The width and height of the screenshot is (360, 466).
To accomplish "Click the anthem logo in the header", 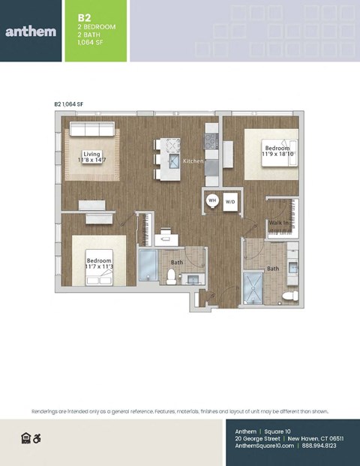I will coord(29,32).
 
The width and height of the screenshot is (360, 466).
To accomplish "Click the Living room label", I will coord(91,154).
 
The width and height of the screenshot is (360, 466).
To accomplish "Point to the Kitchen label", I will coord(193,161).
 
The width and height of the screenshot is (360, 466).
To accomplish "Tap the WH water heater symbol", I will coord(212,201).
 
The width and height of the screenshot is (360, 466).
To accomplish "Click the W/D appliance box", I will coord(230,202).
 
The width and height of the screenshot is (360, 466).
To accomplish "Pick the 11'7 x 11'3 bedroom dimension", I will coord(99,266).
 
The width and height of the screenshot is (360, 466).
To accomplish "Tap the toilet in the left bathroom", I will coord(172,278).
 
